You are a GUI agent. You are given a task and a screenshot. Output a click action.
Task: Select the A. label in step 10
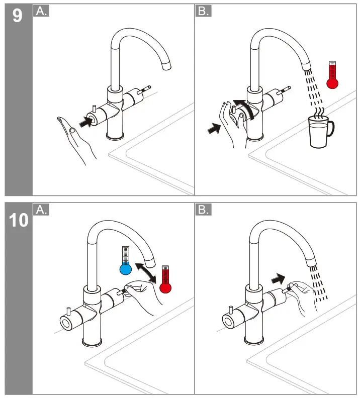pos(41,210)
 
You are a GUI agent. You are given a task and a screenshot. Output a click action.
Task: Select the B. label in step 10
pos(204,210)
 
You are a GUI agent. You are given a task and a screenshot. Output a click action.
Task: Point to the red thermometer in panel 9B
pos(331,76)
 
